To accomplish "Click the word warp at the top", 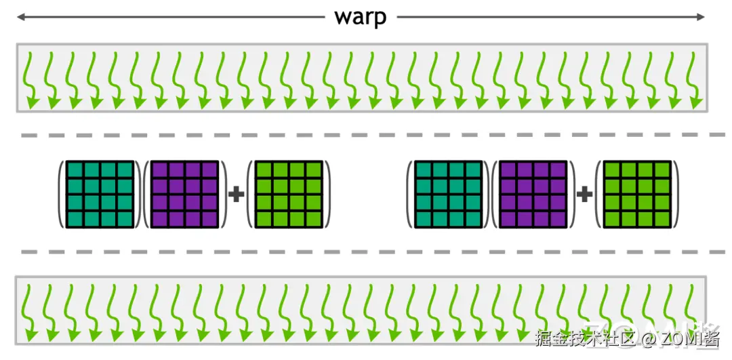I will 360,17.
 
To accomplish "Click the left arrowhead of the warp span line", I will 20,17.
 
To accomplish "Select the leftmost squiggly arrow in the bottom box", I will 31,312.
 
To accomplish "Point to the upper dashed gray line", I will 366,136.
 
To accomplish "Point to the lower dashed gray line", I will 366,252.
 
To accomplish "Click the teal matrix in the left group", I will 100,195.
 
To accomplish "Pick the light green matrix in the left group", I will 287,195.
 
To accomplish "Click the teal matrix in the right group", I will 448,195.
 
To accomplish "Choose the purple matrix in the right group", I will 533,195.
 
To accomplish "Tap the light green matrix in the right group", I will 636,195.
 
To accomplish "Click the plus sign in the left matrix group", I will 236,195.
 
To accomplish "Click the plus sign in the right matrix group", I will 584,195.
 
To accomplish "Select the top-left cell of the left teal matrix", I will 75,169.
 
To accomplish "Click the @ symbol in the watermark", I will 648,337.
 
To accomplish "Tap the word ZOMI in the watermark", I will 681,337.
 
